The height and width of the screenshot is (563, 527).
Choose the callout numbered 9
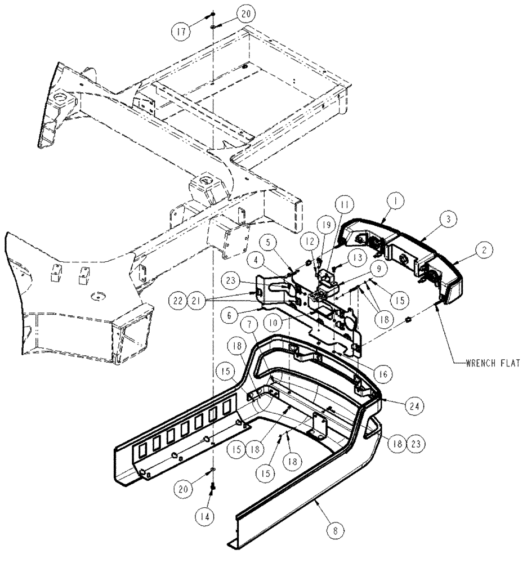[382, 269]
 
